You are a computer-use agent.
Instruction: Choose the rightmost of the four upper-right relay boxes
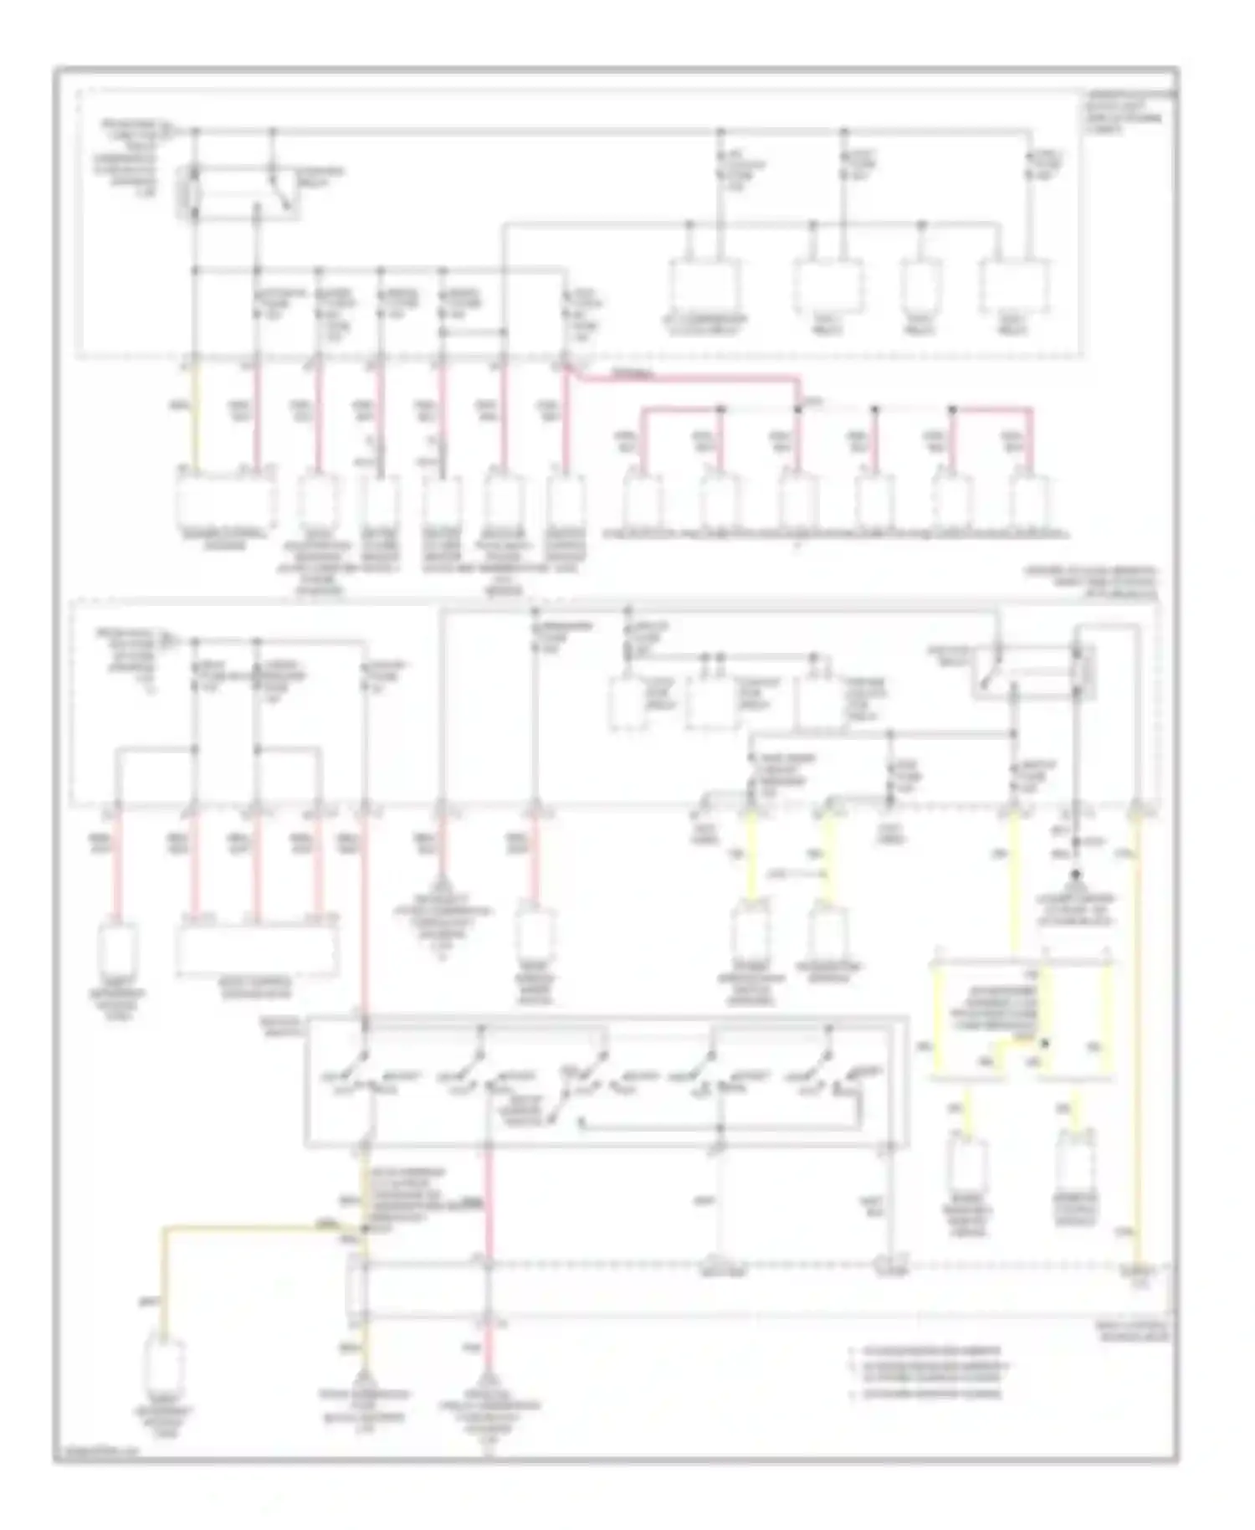1015,288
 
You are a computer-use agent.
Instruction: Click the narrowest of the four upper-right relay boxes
922,288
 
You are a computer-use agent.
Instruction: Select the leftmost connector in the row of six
643,502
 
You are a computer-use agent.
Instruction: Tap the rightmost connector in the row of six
1031,502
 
